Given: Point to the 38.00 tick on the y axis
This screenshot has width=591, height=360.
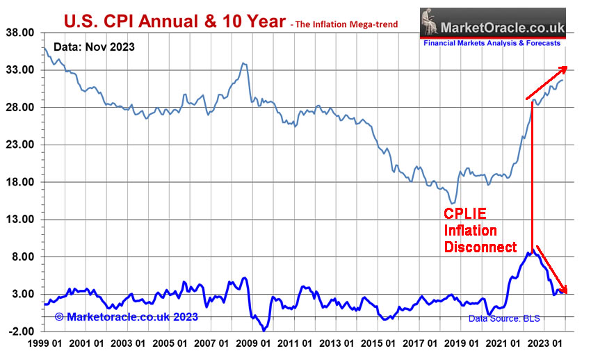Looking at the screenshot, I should coord(20,33).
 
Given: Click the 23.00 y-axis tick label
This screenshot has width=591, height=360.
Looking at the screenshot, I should coord(20,145).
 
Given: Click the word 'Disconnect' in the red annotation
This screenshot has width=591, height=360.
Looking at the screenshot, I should coord(480,247).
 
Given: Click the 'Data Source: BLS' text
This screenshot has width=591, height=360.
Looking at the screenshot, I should coord(504,319).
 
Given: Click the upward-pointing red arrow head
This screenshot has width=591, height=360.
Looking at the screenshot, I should coord(564,68).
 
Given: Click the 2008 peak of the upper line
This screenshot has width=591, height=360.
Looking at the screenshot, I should coord(243,63).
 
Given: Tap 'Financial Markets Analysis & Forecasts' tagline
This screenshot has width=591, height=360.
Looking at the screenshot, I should coord(492,43).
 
